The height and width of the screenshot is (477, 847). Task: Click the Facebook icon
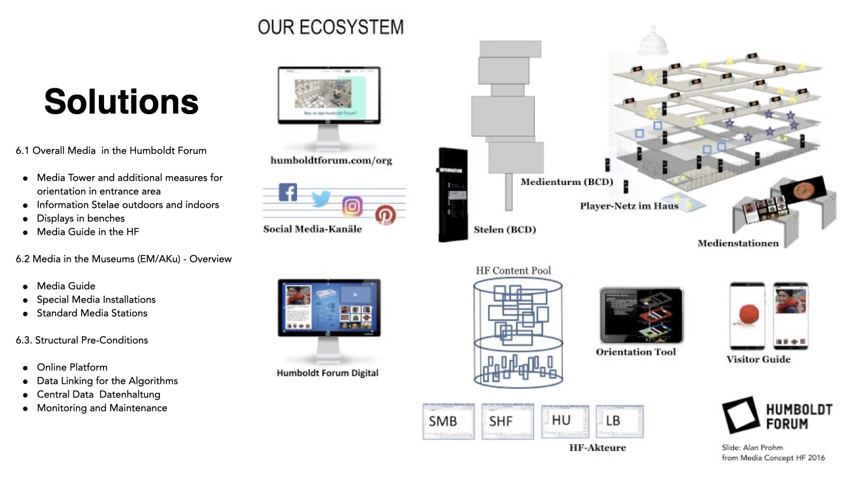tap(288, 192)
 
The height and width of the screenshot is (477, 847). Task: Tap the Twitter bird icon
tap(321, 199)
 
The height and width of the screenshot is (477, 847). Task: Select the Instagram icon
tap(352, 206)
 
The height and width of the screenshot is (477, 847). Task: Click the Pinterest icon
tap(385, 215)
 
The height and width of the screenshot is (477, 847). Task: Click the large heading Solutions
tap(122, 101)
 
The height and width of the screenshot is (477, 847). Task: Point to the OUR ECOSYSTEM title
tap(331, 27)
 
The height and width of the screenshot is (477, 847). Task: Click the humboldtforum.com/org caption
tap(331, 160)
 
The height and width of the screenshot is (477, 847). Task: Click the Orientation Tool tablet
tap(641, 315)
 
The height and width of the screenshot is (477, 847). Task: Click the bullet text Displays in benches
tap(81, 218)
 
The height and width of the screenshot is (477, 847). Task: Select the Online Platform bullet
tap(72, 367)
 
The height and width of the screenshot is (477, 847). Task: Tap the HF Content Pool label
tap(513, 271)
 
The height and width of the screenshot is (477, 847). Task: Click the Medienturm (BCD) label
tap(566, 182)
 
